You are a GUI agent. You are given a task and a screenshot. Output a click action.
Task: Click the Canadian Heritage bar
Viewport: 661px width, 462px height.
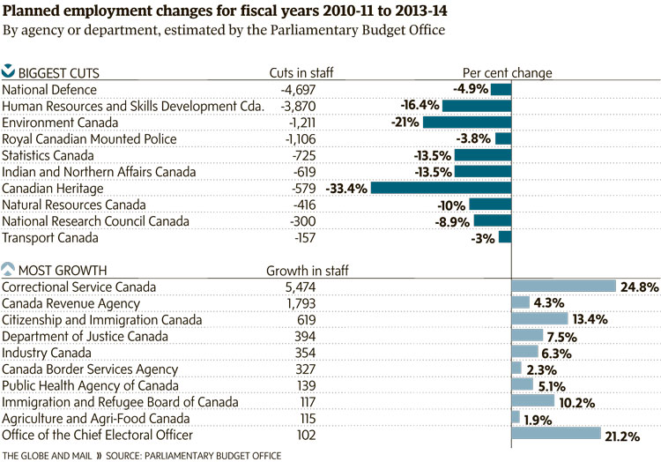pos(441,189)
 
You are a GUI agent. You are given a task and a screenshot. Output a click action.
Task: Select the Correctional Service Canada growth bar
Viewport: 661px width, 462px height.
pos(563,287)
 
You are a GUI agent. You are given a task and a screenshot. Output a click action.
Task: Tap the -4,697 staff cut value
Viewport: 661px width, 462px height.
pos(302,89)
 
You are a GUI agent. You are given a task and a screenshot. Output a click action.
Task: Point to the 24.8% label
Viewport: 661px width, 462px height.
pos(638,287)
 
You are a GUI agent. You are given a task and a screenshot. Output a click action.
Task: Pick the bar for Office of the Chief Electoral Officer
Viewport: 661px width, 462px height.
pos(555,434)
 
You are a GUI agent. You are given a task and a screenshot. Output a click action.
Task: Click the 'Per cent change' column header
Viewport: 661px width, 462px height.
pos(507,72)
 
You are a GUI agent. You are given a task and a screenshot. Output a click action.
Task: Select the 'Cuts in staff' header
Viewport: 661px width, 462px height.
pos(301,72)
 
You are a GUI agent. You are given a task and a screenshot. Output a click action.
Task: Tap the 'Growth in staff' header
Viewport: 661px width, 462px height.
pos(307,270)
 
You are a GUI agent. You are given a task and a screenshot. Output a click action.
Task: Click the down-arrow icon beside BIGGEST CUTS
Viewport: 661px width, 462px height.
pos(9,71)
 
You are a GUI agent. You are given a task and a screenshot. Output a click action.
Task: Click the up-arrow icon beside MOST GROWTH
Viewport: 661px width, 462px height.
pos(9,269)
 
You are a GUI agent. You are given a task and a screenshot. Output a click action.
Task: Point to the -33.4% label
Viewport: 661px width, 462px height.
pos(346,189)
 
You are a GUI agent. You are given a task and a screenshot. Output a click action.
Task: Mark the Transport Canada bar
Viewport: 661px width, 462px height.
pos(505,237)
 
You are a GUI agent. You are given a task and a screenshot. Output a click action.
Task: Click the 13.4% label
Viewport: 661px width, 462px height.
pos(590,319)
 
